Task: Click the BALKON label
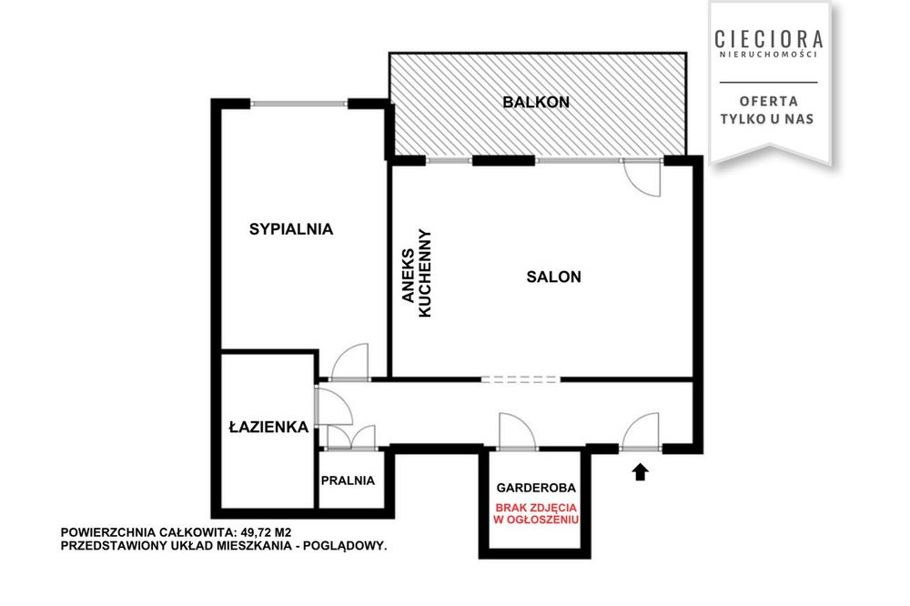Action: (x=536, y=102)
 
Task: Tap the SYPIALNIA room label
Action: (x=291, y=229)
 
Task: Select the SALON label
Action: (x=553, y=277)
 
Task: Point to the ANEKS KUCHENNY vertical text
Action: (x=417, y=273)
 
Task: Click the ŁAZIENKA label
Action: (x=268, y=428)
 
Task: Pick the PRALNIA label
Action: (x=348, y=480)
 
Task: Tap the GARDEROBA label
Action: (x=536, y=488)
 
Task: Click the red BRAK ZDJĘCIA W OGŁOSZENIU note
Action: (x=536, y=513)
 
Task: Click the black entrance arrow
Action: (x=640, y=472)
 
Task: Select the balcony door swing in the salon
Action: (x=642, y=177)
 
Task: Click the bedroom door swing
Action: (x=349, y=361)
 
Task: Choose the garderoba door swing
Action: (x=518, y=431)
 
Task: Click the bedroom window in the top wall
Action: (x=298, y=104)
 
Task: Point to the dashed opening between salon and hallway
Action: (x=521, y=379)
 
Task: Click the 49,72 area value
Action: (x=257, y=532)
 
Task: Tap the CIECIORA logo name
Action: (x=769, y=39)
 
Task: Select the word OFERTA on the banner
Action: (x=768, y=101)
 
